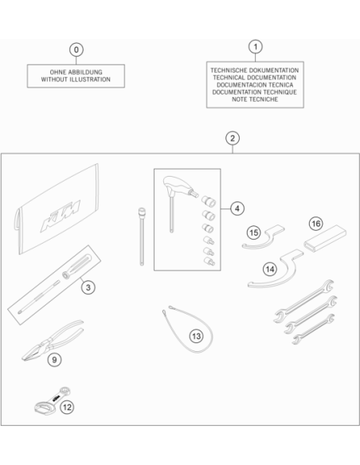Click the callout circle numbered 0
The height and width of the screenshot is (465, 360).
tap(76, 49)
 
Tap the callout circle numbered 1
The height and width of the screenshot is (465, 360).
tap(256, 46)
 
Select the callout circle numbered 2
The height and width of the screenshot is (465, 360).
tap(233, 139)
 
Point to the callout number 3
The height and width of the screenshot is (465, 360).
tap(88, 287)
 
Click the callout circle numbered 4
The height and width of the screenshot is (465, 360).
tap(237, 209)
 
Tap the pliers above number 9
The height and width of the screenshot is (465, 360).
tap(53, 340)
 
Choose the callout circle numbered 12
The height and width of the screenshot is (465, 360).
tap(67, 407)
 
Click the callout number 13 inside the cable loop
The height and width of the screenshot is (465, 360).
tap(196, 336)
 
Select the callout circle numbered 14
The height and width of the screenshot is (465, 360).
tap(270, 269)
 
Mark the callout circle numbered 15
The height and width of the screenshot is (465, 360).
tap(254, 232)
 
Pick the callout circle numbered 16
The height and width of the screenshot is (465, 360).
tap(316, 223)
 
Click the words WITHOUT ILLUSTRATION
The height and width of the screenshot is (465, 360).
tap(76, 80)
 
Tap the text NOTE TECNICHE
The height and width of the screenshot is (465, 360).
tap(255, 100)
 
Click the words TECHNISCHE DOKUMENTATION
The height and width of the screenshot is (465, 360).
tap(255, 70)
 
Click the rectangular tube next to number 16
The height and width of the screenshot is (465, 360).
tap(325, 238)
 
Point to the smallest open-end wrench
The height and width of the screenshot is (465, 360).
tap(313, 329)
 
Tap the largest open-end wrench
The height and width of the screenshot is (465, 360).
tap(303, 301)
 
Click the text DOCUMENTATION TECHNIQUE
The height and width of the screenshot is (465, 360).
tap(254, 92)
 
